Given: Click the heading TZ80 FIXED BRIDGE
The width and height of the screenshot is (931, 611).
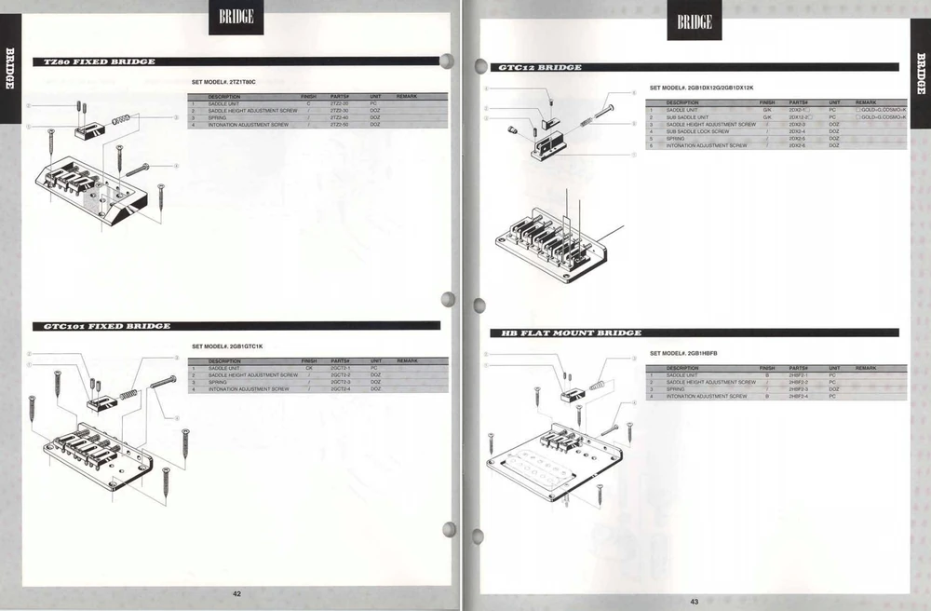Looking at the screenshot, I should point(94,61).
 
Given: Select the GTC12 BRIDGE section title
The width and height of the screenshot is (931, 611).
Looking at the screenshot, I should point(540,67).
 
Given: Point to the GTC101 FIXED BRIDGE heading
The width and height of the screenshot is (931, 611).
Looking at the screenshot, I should point(101,326).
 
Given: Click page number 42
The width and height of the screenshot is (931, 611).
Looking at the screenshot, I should point(236,593).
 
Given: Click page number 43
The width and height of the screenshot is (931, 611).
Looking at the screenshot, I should point(694,601).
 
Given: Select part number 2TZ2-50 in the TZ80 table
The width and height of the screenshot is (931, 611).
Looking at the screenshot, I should point(339,124).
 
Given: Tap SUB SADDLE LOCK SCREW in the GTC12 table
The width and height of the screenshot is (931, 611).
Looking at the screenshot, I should point(697,131).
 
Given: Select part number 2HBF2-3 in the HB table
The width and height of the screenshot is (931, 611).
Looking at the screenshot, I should point(799,389).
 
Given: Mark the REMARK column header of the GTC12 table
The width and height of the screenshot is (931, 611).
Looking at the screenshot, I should point(866,102).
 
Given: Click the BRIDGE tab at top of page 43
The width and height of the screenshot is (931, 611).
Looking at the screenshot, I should point(695,21).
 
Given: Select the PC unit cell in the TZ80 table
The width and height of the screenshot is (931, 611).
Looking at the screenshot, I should point(374,103).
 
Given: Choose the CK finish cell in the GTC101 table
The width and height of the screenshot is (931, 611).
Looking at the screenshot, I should point(308,368).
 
